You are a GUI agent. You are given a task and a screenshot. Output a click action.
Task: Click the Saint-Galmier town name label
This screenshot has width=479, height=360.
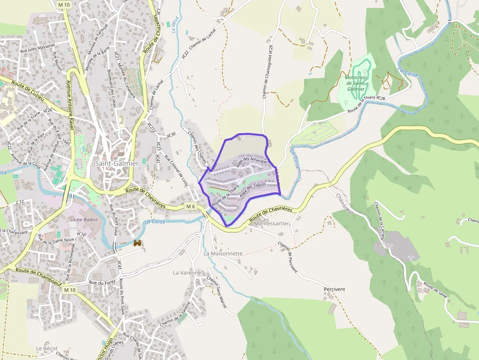click(x=116, y=163)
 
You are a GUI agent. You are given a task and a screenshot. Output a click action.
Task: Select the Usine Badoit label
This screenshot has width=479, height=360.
click(x=84, y=219)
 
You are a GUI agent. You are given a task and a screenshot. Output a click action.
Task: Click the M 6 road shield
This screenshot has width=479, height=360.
click(x=191, y=207)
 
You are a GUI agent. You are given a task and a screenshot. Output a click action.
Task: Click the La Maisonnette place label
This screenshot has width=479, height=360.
click(x=223, y=254)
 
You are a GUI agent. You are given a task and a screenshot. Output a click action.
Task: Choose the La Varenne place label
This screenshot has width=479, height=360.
click(x=187, y=273)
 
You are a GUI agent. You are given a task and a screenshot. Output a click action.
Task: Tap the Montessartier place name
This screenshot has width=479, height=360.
click(x=272, y=223)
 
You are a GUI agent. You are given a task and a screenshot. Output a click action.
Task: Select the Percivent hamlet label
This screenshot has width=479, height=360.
click(x=334, y=289)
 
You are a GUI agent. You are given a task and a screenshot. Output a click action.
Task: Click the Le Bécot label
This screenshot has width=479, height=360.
click(x=47, y=348)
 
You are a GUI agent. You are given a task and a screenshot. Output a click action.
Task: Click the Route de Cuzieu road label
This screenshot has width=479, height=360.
click(x=28, y=91)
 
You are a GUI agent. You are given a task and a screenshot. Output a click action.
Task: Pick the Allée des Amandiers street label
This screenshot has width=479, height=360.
click(x=252, y=162)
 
